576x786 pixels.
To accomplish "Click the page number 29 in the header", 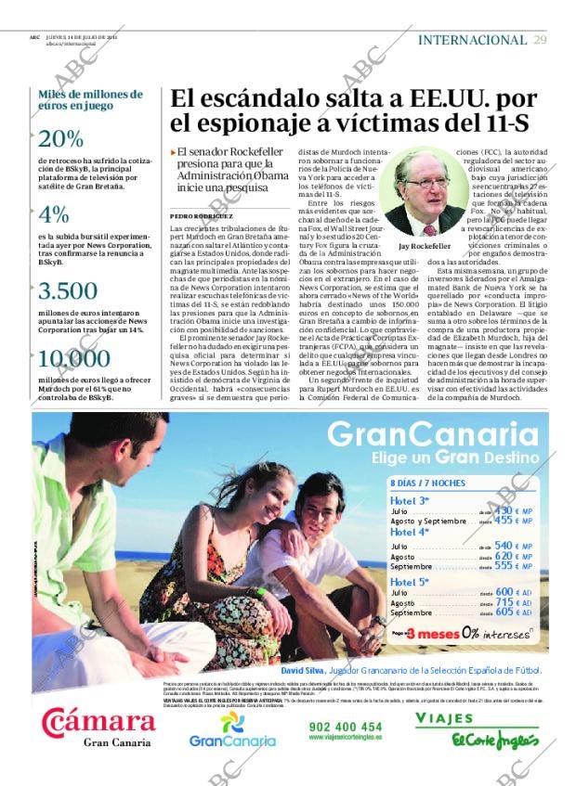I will pyautogui.click(x=541, y=40).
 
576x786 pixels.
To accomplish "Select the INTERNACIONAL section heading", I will pyautogui.click(x=472, y=40).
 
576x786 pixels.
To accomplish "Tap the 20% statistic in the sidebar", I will pyautogui.click(x=61, y=138).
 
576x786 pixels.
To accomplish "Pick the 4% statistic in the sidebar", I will pyautogui.click(x=54, y=214).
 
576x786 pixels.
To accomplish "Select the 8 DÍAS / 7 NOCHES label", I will pyautogui.click(x=427, y=483).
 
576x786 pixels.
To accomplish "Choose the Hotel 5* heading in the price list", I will pyautogui.click(x=409, y=581).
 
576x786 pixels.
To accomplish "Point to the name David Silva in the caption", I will pyautogui.click(x=304, y=669).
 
